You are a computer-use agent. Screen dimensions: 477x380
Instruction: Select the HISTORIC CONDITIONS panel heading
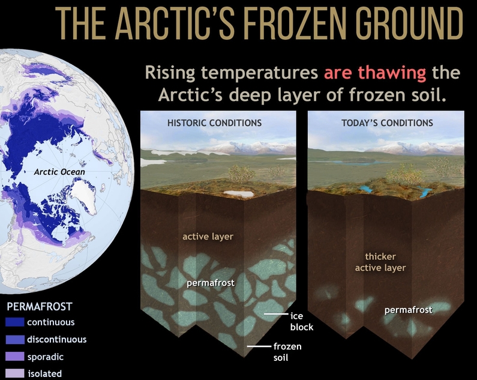[214, 123]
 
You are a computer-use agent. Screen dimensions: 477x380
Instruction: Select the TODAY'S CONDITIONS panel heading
[387, 123]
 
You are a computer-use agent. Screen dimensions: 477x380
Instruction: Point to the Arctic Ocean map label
[59, 172]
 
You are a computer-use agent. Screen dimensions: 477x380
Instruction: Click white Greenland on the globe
[84, 195]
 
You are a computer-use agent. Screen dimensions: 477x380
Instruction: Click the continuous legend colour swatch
[15, 322]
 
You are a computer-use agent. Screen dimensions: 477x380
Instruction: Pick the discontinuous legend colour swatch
[15, 340]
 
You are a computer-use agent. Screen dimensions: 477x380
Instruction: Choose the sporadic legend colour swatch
[15, 357]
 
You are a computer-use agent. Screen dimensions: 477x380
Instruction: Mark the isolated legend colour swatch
[15, 373]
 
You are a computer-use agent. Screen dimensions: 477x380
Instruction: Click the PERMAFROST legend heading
[39, 306]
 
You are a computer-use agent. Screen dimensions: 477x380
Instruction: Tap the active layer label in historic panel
[208, 237]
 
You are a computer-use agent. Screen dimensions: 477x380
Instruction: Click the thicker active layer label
[380, 262]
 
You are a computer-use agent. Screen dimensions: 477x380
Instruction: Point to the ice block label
[301, 322]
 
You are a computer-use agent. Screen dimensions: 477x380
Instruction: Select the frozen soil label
[287, 352]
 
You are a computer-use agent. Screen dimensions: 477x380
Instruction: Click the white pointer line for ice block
[276, 314]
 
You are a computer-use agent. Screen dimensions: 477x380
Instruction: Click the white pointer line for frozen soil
[259, 346]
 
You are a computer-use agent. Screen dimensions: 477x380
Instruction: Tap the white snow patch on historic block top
[239, 194]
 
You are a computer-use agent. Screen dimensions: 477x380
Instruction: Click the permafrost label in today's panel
[408, 310]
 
